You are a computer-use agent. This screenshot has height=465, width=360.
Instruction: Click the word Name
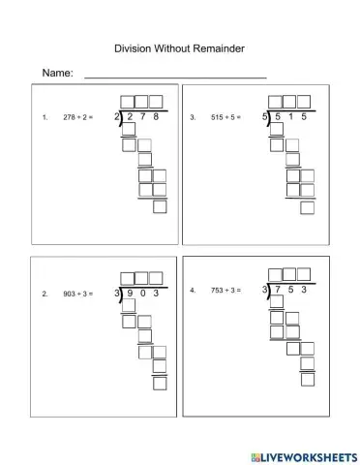point(56,74)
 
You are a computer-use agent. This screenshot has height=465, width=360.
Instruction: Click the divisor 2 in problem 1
point(116,117)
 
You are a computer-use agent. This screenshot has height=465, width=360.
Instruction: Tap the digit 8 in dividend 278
point(155,117)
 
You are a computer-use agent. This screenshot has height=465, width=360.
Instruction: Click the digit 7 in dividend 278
point(141,117)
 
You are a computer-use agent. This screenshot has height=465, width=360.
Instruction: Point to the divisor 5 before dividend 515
point(264,117)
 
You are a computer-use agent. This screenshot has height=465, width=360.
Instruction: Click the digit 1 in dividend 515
point(289,117)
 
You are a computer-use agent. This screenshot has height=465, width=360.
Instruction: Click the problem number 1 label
point(45,117)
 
